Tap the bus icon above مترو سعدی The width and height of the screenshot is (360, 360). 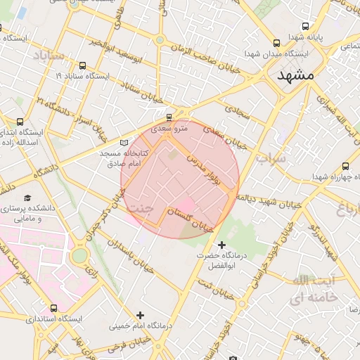(x=168, y=117)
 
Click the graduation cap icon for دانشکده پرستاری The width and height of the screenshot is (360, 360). (x=27, y=198)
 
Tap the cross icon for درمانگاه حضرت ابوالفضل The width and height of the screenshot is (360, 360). (x=222, y=245)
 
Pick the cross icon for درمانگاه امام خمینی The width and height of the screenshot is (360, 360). (x=140, y=315)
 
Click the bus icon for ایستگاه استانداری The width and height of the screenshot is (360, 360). (x=54, y=308)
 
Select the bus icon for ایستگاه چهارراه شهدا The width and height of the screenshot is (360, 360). (x=345, y=166)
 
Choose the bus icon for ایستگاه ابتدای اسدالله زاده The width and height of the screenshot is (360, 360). (x=19, y=122)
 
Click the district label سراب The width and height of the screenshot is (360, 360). (x=271, y=157)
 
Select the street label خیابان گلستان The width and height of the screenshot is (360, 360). (x=190, y=219)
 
